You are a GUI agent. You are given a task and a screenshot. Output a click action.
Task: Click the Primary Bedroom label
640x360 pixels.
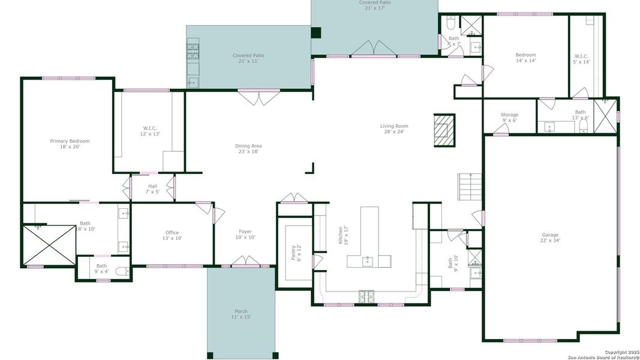[70, 144]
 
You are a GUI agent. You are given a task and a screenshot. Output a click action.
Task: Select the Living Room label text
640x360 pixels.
[394, 129]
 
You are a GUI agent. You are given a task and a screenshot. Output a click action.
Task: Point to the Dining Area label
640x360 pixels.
[248, 149]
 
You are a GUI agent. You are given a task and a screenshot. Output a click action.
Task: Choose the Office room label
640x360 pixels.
[172, 235]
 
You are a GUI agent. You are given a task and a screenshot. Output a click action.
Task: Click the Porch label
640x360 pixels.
[241, 314]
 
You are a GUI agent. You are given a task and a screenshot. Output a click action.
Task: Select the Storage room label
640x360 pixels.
[509, 118]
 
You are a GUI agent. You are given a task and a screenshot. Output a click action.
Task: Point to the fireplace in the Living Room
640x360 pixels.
[444, 129]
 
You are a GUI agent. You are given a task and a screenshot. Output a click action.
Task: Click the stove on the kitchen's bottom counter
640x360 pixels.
[366, 295]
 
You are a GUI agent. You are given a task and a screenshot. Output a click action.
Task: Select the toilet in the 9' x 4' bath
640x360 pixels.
[122, 272]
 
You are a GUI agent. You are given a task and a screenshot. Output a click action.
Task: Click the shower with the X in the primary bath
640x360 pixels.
[49, 245]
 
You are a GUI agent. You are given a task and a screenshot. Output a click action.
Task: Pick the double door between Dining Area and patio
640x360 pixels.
[259, 97]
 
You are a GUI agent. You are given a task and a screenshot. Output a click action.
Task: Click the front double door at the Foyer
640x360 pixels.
[245, 262]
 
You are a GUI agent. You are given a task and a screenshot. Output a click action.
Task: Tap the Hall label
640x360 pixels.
[152, 189]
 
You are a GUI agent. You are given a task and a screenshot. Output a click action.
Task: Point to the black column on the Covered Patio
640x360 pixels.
[316, 33]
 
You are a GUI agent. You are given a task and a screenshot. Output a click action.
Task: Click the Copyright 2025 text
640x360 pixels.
[620, 352]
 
